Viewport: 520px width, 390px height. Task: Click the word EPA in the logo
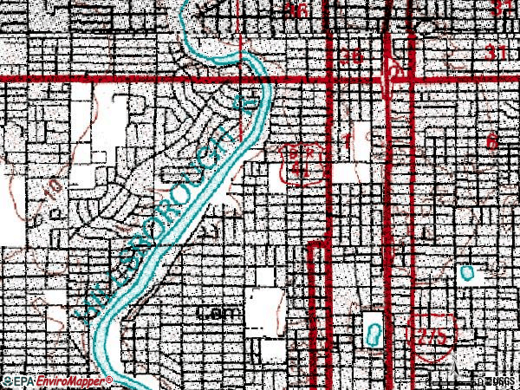coord(23,380)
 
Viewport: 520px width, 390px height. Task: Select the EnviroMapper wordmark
coord(69,380)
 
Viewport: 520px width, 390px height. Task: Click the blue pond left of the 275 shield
coord(374,333)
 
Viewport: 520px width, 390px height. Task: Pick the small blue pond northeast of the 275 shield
coord(468,273)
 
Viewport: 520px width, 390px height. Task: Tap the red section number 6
coord(493,141)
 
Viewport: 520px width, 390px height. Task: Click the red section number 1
coord(348,139)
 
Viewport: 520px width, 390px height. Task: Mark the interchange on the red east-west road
coord(394,76)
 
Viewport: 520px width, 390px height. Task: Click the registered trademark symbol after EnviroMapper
coord(109,380)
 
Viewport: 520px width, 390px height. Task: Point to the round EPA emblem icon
coord(6,380)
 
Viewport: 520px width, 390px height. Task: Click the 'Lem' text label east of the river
coord(212,313)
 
